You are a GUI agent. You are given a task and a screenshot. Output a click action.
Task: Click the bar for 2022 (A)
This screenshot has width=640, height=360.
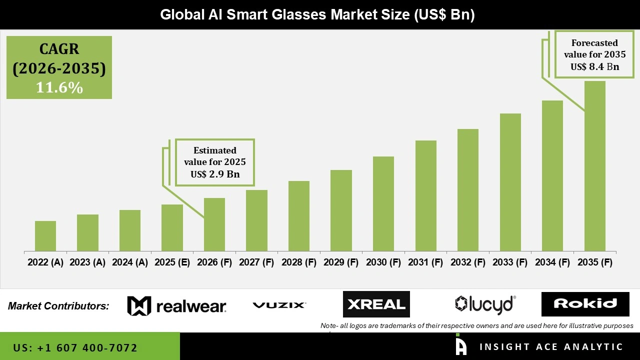tap(45, 236)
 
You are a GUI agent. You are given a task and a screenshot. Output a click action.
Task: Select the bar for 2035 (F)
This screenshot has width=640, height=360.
tap(594, 166)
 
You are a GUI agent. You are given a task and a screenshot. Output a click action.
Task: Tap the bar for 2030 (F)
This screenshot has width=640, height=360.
tap(383, 203)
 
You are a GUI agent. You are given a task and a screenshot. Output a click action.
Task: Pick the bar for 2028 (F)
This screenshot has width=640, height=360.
tap(299, 216)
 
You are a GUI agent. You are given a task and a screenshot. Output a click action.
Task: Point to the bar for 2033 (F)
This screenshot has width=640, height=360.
tap(510, 182)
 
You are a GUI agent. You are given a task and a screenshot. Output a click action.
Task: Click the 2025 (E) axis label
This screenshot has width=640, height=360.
tap(172, 262)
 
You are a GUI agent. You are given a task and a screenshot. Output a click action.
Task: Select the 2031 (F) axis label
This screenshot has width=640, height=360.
tap(425, 262)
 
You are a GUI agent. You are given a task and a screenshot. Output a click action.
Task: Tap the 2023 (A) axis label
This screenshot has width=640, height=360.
tap(87, 262)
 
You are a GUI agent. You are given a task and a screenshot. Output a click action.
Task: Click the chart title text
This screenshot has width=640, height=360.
tap(317, 14)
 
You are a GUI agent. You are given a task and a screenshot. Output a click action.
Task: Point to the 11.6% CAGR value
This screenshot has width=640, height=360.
tap(59, 87)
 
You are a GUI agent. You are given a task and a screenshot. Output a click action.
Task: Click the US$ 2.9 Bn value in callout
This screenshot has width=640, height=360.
tap(215, 174)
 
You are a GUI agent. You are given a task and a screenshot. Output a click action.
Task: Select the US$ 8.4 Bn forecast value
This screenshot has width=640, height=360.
tap(594, 67)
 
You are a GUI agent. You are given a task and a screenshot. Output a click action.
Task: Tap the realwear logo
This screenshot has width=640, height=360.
tap(176, 305)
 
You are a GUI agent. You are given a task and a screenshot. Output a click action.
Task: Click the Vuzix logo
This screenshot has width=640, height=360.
tap(279, 305)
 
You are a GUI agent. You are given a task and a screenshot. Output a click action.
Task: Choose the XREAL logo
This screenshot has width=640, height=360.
tap(376, 304)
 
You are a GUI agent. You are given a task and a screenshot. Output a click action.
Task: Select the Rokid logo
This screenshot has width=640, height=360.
tap(585, 304)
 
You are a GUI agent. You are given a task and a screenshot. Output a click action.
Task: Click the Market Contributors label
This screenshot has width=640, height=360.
tap(58, 306)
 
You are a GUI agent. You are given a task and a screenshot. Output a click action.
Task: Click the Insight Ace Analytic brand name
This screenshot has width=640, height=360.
tap(550, 347)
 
